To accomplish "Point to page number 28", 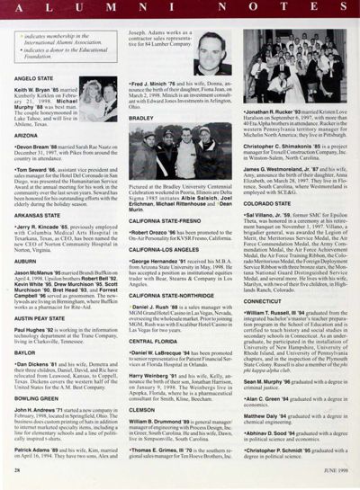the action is [x=19, y=476].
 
